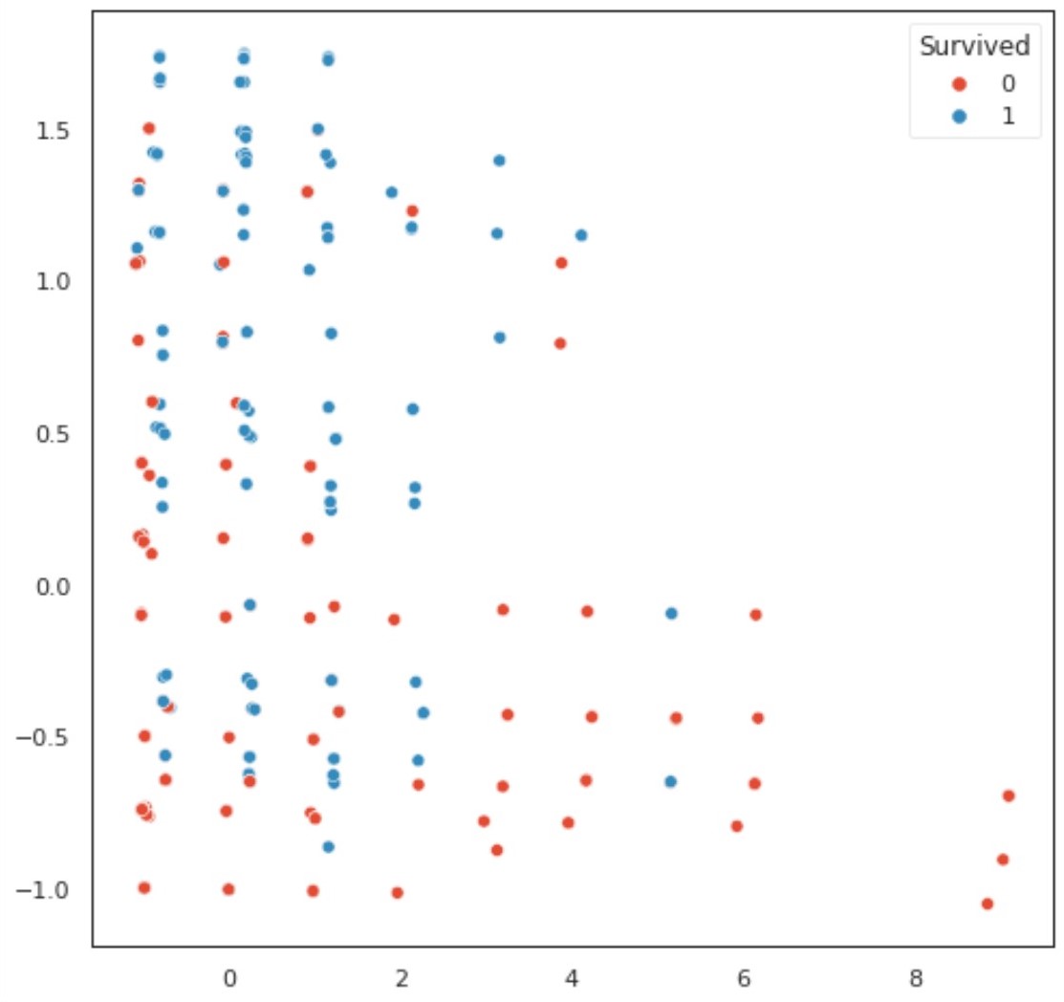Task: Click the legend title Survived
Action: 973,46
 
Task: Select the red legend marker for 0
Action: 961,84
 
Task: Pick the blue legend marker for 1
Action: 961,116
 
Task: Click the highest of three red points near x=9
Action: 1008,795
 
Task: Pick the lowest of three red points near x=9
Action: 988,904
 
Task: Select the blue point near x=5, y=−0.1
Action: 671,613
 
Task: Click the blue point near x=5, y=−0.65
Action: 670,781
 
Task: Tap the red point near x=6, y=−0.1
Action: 755,614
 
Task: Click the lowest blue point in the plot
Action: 328,846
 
